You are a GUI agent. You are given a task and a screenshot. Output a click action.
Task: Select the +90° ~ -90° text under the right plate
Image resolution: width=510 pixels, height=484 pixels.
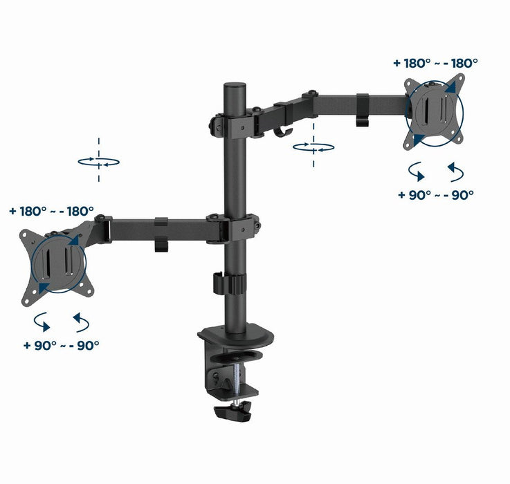435,194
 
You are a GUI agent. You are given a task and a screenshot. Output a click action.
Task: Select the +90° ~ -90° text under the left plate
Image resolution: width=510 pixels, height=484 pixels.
60,344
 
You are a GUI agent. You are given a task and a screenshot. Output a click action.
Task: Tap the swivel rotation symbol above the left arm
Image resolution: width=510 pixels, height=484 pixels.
98,161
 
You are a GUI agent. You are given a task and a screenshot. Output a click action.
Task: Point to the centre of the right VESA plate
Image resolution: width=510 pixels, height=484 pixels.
433,111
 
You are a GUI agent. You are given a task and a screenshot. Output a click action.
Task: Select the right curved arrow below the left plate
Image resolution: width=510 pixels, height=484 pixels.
80,322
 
